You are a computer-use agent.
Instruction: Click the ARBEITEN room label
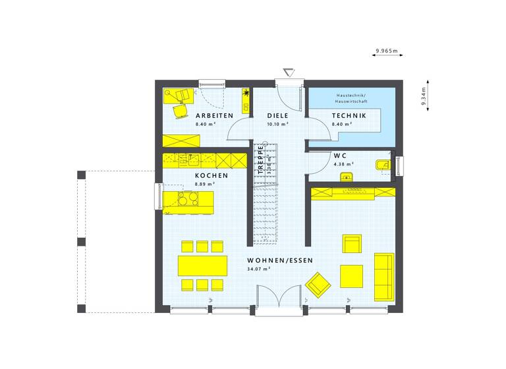[214, 115]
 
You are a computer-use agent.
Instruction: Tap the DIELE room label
[278, 115]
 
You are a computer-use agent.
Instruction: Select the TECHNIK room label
[349, 115]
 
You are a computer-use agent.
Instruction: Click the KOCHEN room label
[211, 176]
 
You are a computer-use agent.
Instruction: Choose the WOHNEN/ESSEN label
[280, 260]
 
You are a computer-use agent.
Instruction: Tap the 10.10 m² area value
[277, 124]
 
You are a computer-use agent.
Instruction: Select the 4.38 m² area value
[343, 164]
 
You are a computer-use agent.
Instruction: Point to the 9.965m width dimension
[388, 50]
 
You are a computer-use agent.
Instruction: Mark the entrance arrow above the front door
[288, 72]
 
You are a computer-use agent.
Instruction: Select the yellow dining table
[202, 266]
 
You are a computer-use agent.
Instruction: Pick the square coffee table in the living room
[351, 275]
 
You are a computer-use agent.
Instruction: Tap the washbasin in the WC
[381, 165]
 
